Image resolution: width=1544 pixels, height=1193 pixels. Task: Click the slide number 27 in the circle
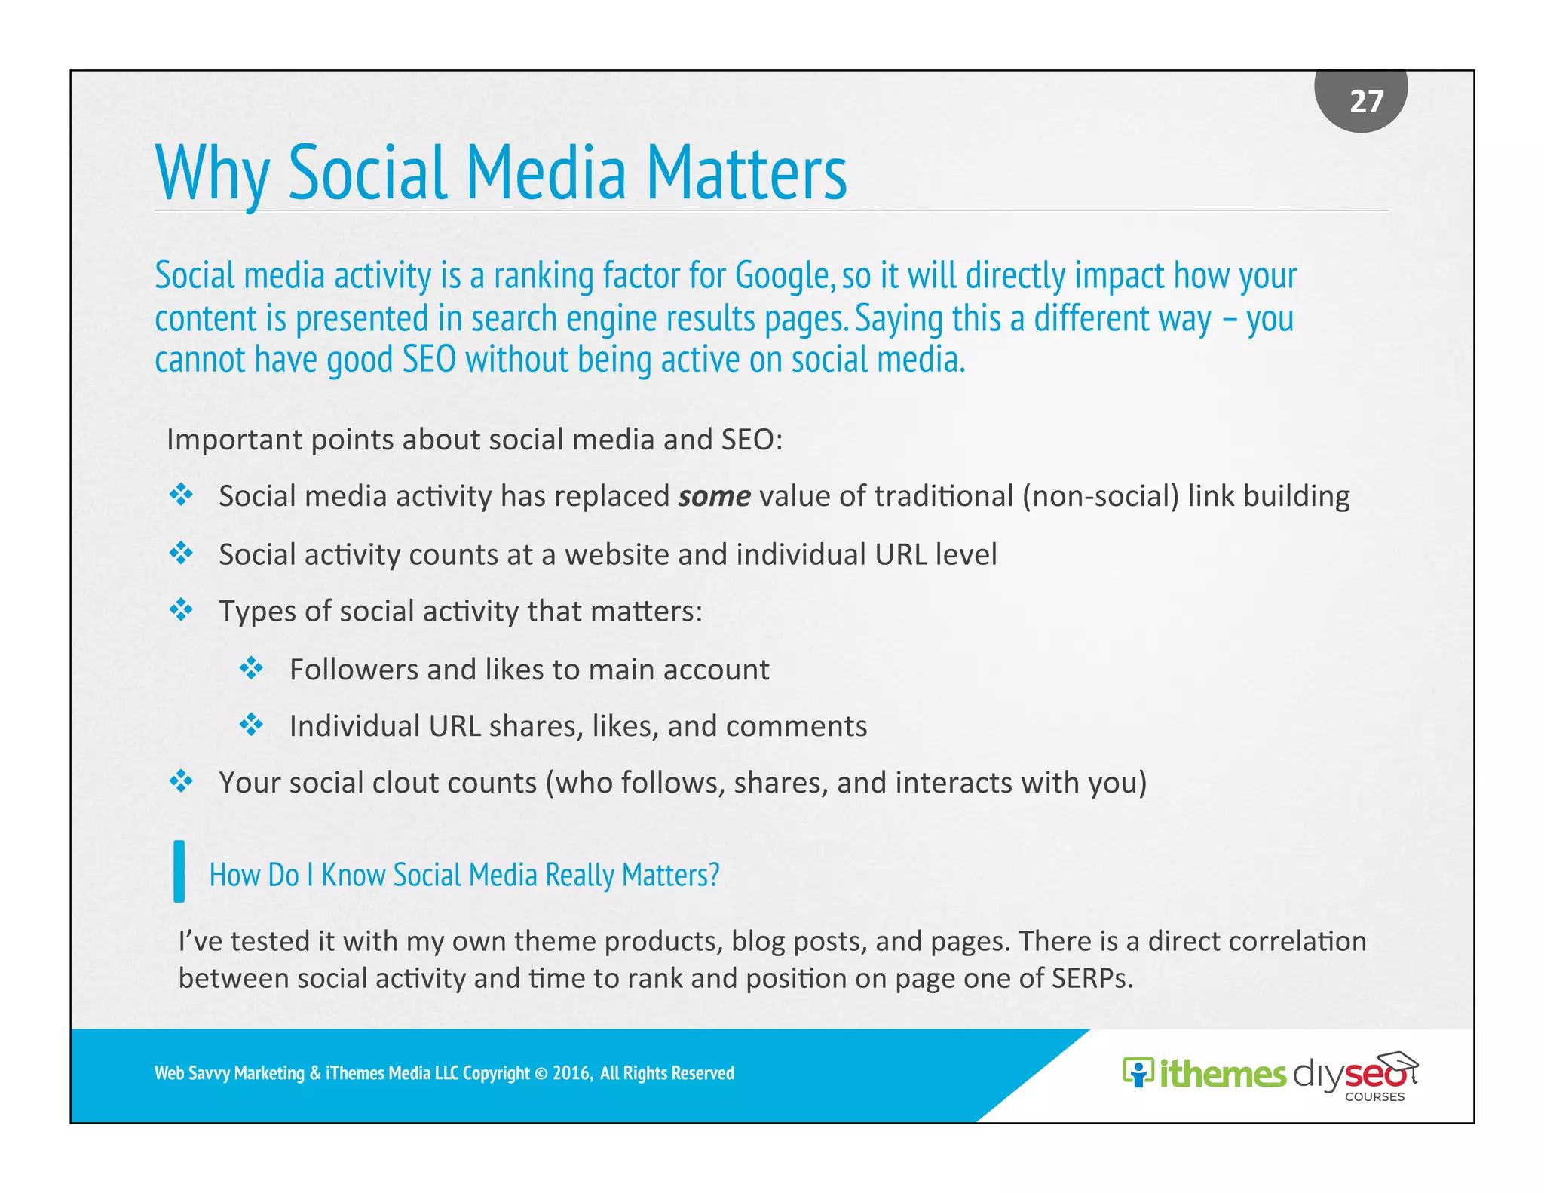tap(1366, 101)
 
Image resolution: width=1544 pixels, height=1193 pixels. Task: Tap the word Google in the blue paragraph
tap(783, 275)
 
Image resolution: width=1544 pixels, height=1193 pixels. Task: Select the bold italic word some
tap(714, 496)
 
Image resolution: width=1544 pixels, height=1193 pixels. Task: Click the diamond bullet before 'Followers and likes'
tap(251, 668)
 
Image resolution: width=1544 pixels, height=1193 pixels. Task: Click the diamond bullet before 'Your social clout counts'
tap(181, 781)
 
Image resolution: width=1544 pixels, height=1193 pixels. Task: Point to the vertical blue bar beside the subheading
tap(179, 871)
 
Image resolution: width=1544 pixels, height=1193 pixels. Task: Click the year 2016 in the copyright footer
tap(571, 1073)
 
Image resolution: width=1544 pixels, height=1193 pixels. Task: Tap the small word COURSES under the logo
tap(1374, 1097)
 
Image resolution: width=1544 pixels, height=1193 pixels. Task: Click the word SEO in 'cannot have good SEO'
tap(428, 360)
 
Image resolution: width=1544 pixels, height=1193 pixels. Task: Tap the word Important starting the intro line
tap(234, 440)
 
